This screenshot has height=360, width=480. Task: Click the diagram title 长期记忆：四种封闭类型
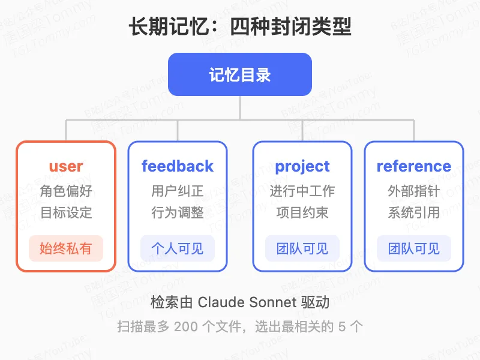click(240, 27)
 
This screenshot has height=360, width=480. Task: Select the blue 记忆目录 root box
click(240, 74)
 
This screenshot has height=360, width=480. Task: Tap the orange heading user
click(66, 166)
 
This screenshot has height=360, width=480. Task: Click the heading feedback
click(178, 166)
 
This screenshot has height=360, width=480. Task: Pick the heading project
click(302, 166)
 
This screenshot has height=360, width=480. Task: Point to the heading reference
click(414, 166)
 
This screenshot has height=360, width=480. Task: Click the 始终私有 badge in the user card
click(66, 248)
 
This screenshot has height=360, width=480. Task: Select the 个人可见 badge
click(178, 248)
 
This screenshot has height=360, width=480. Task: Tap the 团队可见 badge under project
click(302, 248)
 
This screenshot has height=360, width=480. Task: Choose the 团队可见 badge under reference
click(414, 248)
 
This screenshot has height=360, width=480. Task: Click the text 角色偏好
click(66, 191)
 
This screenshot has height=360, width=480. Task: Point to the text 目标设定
click(66, 213)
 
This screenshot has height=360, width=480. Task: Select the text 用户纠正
click(178, 191)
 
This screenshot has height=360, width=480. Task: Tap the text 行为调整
click(178, 213)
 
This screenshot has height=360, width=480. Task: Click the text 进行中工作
click(302, 191)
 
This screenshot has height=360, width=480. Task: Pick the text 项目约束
click(302, 213)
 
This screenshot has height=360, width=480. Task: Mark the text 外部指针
click(414, 191)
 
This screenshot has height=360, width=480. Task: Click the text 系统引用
click(414, 213)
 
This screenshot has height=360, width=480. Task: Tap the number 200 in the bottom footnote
click(184, 327)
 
